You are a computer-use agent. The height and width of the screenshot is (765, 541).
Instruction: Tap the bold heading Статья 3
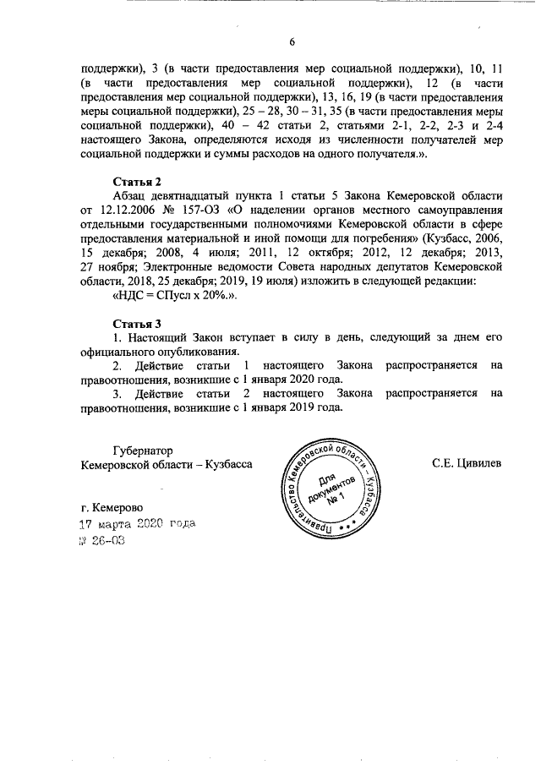pyautogui.click(x=137, y=324)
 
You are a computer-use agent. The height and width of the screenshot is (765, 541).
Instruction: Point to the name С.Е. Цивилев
pyautogui.click(x=467, y=463)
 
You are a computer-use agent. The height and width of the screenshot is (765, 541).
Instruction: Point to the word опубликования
pyautogui.click(x=199, y=352)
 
